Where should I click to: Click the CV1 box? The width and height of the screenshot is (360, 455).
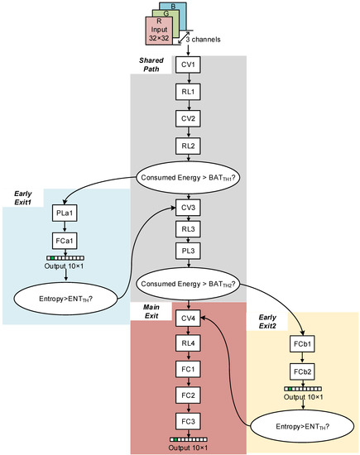pos(189,65)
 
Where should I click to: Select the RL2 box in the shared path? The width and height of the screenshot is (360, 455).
pos(189,146)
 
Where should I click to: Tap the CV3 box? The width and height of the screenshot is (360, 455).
pos(189,206)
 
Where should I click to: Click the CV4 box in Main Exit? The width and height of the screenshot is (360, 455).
pos(188,318)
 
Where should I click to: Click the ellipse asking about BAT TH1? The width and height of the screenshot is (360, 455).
pos(188,177)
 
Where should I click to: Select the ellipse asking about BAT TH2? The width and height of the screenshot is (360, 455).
pos(188,284)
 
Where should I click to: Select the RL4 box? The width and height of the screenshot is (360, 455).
pos(188,344)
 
